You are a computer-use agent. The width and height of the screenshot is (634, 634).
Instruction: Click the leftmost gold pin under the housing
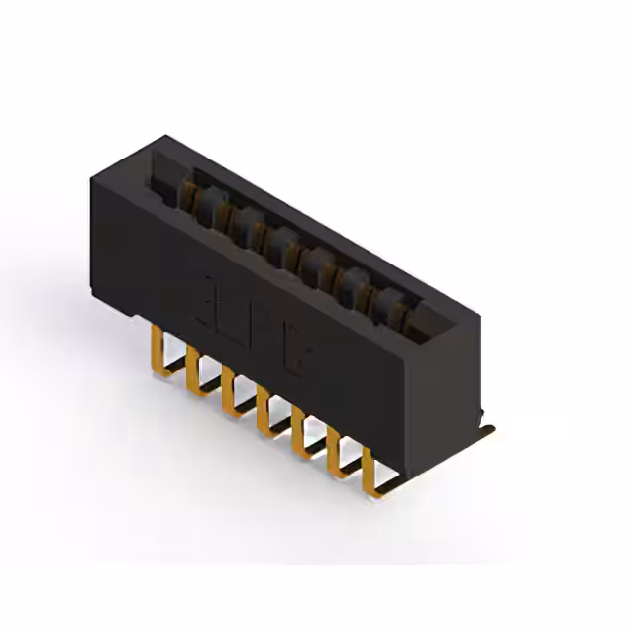coord(156,349)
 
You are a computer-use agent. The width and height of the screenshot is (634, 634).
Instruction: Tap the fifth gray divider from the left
coord(353,281)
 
